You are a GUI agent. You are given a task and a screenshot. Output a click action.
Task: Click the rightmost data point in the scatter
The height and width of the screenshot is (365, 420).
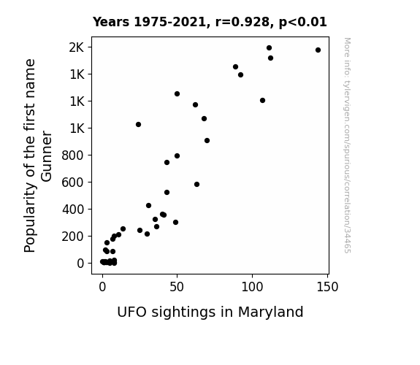tap(318, 50)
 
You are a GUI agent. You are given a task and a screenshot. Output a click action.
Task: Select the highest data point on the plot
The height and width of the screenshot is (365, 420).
tap(270, 48)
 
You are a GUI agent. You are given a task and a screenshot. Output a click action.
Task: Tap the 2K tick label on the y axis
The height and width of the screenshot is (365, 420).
tap(77, 47)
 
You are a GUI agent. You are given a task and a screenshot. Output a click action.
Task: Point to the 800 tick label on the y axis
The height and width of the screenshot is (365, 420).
tap(73, 155)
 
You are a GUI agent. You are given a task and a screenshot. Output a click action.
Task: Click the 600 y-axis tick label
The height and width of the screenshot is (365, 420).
tap(73, 182)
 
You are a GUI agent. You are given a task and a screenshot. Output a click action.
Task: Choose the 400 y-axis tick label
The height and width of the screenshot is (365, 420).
tap(73, 210)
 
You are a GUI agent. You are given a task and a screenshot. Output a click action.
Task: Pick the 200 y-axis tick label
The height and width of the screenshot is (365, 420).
tap(73, 237)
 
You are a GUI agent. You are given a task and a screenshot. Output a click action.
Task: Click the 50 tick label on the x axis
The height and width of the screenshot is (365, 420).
tap(177, 287)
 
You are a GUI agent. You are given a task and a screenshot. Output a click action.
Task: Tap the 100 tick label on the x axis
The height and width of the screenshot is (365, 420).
tap(252, 287)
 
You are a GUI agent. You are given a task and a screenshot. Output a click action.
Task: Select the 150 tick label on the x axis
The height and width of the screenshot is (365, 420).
tap(327, 287)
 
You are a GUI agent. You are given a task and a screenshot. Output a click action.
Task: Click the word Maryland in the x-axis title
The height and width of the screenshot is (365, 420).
tap(270, 312)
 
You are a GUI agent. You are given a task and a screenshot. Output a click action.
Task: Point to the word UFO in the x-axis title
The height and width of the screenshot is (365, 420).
tap(131, 312)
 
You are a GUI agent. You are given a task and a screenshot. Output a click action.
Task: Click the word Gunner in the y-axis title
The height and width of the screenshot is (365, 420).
tap(47, 156)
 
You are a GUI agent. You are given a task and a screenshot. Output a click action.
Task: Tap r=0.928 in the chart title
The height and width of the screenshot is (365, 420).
tap(243, 22)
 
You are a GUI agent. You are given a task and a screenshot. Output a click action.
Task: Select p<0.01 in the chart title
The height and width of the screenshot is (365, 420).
tap(303, 22)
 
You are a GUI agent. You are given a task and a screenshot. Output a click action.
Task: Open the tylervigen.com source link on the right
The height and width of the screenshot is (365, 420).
tap(347, 145)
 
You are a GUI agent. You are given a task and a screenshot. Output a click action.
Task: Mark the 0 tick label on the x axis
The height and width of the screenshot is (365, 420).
tap(102, 287)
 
